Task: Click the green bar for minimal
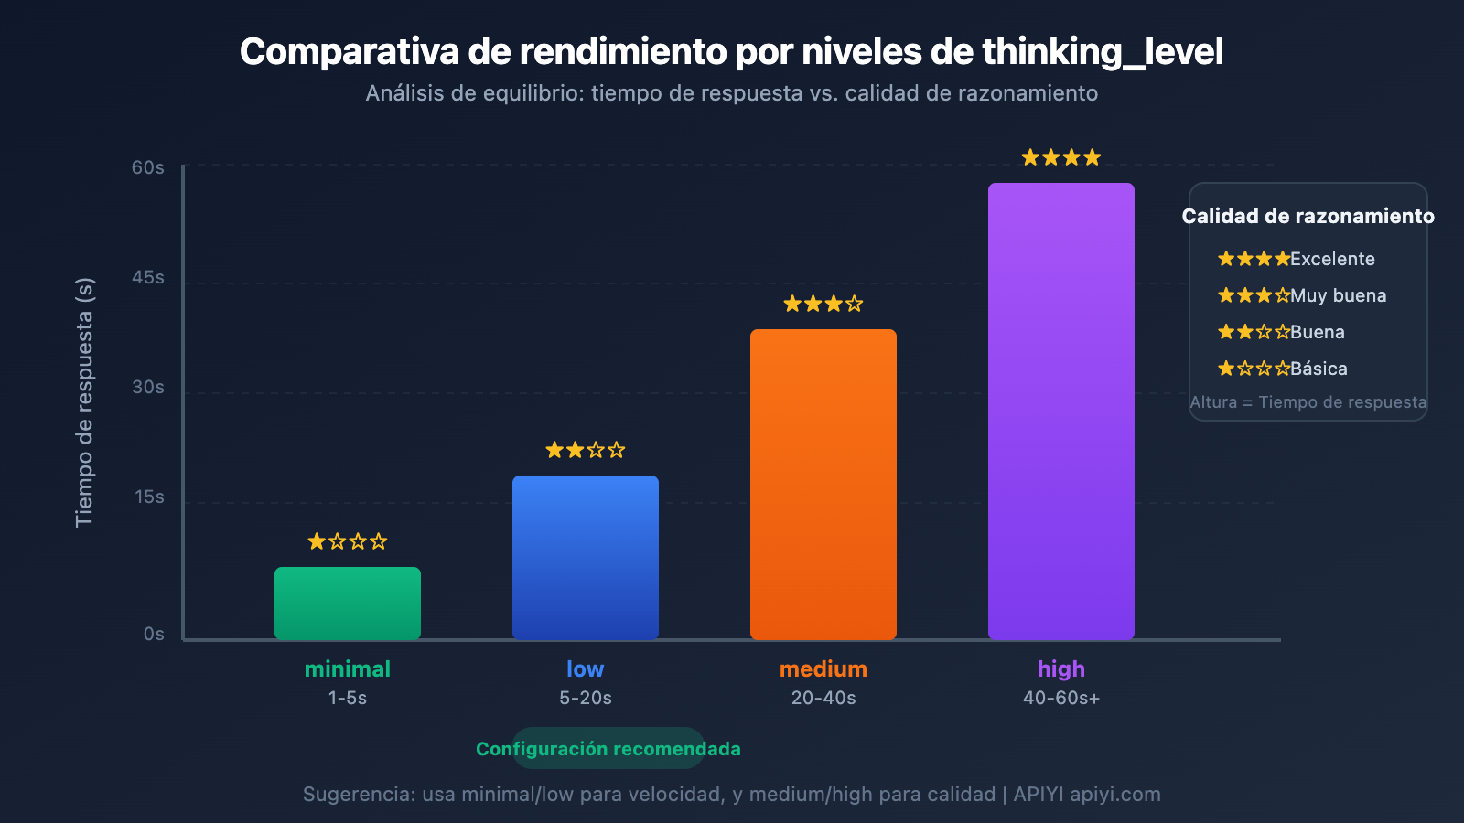pyautogui.click(x=348, y=604)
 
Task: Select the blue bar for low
pyautogui.click(x=586, y=557)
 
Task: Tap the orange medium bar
pyautogui.click(x=823, y=484)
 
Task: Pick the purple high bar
pyautogui.click(x=1061, y=411)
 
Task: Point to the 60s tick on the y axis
pyautogui.click(x=148, y=167)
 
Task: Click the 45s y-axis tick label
pyautogui.click(x=148, y=277)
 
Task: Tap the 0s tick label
pyautogui.click(x=154, y=634)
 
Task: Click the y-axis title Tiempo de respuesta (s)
pyautogui.click(x=84, y=402)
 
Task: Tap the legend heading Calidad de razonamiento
pyautogui.click(x=1308, y=216)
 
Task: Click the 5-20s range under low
pyautogui.click(x=586, y=698)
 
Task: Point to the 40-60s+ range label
pyautogui.click(x=1061, y=698)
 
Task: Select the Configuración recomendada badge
pyautogui.click(x=608, y=749)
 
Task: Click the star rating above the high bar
pyautogui.click(x=1061, y=157)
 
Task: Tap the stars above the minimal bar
pyautogui.click(x=348, y=541)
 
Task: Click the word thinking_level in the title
pyautogui.click(x=1103, y=52)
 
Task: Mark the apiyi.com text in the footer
pyautogui.click(x=1115, y=794)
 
